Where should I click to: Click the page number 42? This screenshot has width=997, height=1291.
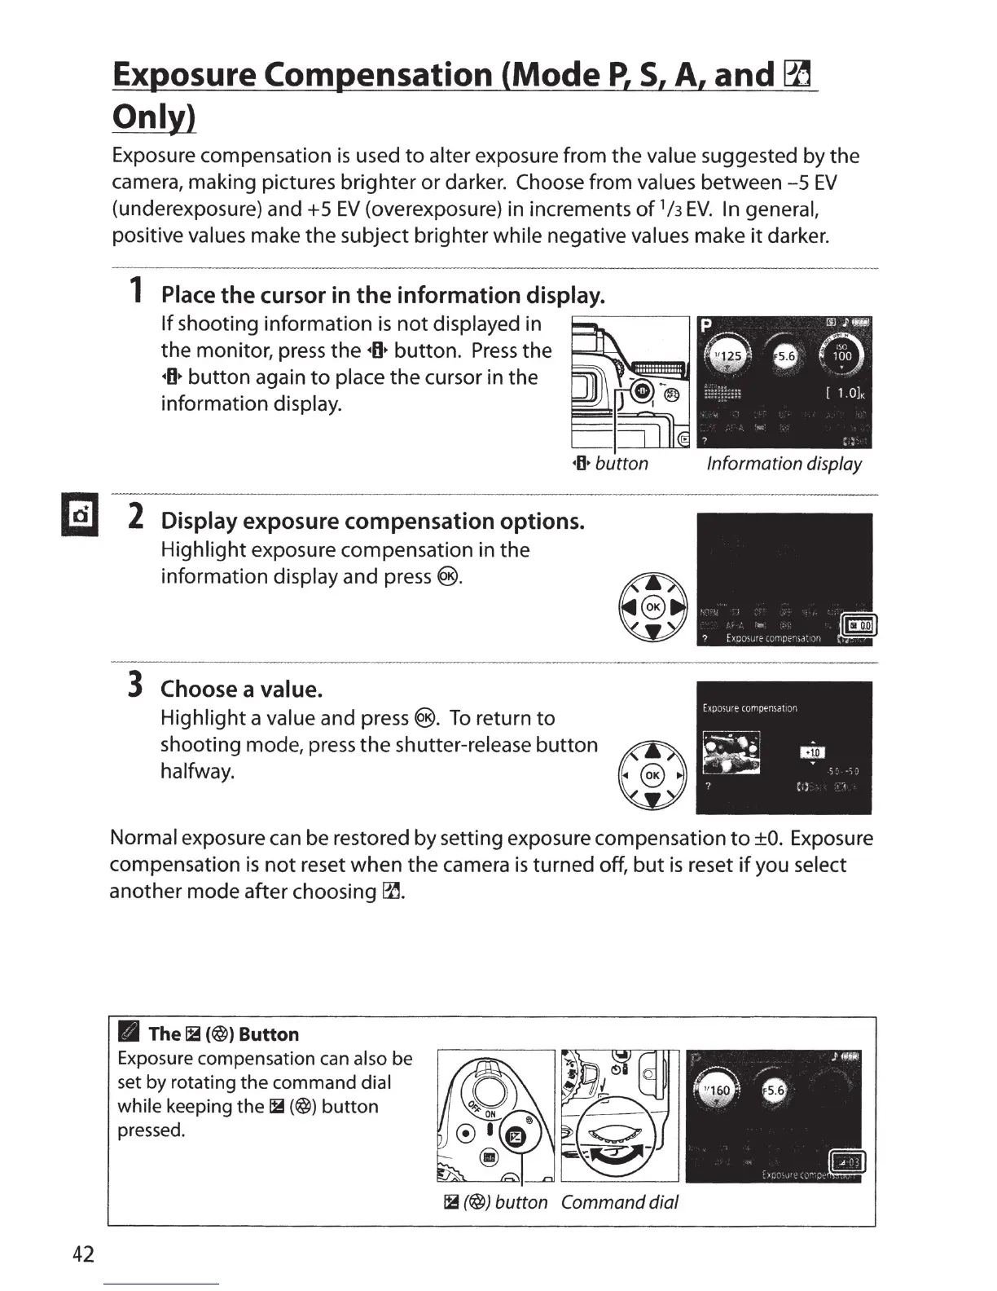coord(84,1254)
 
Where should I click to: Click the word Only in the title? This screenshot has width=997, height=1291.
coord(154,118)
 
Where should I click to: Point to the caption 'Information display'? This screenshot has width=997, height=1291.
coord(784,464)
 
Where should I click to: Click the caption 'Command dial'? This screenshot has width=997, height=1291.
coord(619,1202)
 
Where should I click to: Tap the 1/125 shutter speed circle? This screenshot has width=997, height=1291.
coord(727,356)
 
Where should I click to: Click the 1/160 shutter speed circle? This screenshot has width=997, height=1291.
coord(718,1091)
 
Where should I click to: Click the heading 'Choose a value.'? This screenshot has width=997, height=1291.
coord(242,690)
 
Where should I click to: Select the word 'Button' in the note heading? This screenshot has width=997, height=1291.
coord(269,1034)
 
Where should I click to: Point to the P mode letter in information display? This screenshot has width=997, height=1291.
coord(708,326)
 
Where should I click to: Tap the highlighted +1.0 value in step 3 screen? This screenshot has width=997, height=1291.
coord(814,752)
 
